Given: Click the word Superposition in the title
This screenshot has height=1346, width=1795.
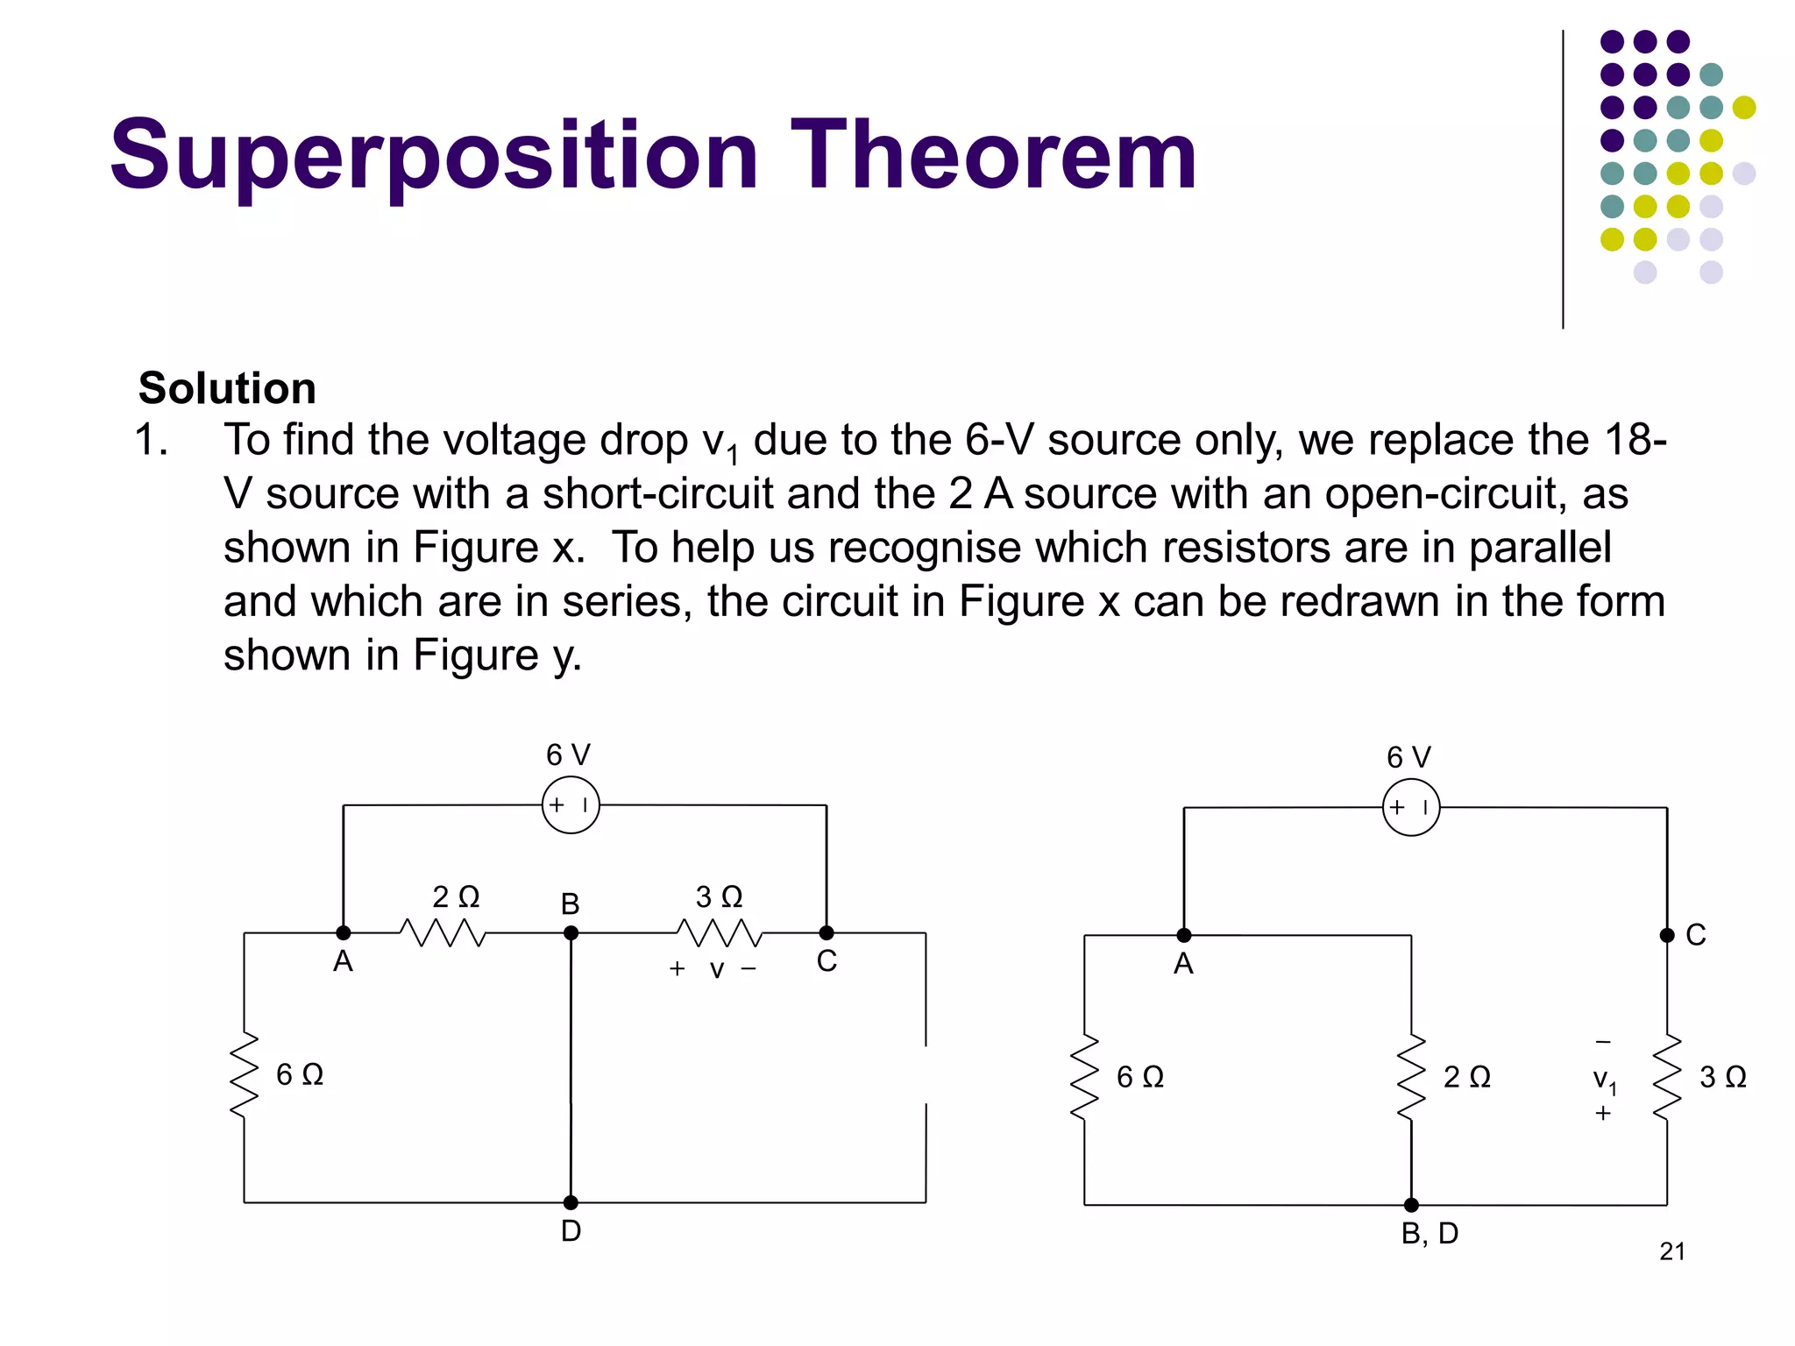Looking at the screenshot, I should click(x=434, y=156).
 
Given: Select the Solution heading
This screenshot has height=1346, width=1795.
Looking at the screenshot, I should click(x=227, y=388).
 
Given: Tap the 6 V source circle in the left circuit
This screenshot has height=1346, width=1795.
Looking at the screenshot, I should click(x=571, y=804).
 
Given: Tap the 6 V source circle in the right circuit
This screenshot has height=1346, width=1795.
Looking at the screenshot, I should click(x=1411, y=807).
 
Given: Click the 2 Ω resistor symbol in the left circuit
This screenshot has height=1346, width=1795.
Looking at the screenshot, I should click(x=443, y=933).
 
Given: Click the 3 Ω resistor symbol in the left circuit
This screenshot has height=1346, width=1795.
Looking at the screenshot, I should click(x=719, y=933).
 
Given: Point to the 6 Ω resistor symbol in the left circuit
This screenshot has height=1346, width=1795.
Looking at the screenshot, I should click(x=245, y=1075).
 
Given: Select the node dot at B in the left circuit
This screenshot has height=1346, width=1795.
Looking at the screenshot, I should click(x=571, y=933).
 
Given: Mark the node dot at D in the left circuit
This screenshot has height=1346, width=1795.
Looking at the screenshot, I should click(x=571, y=1202).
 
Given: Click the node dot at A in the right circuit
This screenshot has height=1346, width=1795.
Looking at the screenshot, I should click(x=1184, y=935).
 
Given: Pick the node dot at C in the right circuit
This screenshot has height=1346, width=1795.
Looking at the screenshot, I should click(x=1667, y=935).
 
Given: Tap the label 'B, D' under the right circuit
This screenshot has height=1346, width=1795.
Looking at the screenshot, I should click(x=1430, y=1234).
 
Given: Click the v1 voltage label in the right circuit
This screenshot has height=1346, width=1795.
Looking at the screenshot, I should click(x=1604, y=1080).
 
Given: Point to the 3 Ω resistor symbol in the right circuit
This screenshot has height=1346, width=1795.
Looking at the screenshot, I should click(x=1667, y=1078).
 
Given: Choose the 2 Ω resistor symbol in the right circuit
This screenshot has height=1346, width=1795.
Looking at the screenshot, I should click(x=1411, y=1078).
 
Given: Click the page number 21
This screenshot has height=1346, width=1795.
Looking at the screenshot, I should click(x=1672, y=1251).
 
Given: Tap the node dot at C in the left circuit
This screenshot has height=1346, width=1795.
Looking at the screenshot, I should click(x=827, y=933).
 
